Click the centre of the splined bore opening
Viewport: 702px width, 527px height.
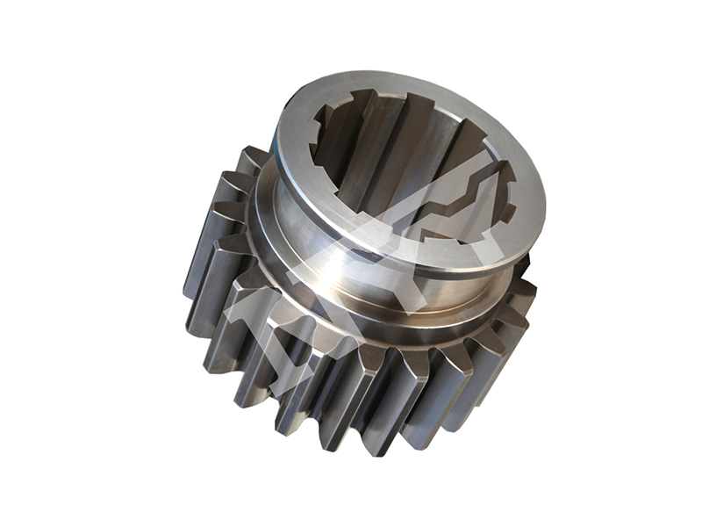412,176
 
